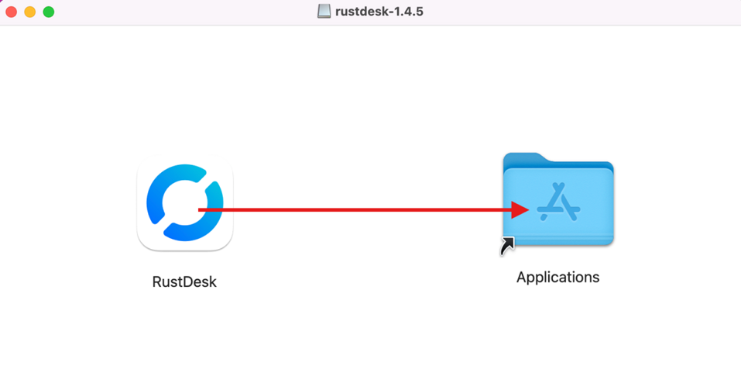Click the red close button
12,12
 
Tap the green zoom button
49,12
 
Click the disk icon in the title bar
324,12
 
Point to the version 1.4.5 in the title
409,12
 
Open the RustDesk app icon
185,206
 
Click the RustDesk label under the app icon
184,281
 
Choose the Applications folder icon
558,202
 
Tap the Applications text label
557,277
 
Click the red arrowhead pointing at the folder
520,209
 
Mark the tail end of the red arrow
201,209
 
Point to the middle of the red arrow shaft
356,209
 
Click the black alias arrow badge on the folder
508,246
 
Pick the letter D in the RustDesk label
187,281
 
